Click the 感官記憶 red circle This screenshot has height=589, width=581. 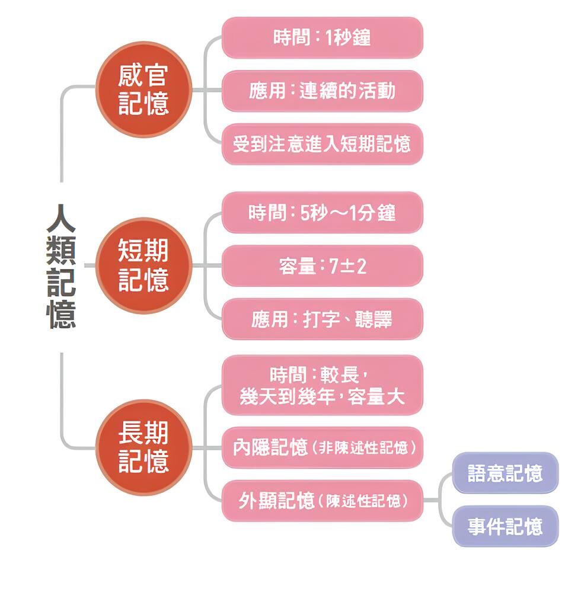click(x=143, y=90)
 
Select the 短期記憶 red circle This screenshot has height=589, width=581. click(x=143, y=265)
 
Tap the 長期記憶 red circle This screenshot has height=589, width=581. click(x=143, y=447)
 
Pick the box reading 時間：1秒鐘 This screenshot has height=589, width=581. click(x=322, y=38)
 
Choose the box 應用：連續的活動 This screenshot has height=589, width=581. click(x=322, y=91)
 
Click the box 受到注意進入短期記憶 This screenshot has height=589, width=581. click(x=322, y=144)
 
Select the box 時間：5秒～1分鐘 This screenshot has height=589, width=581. click(x=322, y=213)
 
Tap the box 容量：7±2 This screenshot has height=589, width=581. click(x=322, y=266)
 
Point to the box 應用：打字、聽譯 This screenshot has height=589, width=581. click(x=322, y=319)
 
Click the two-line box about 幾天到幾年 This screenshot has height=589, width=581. click(x=322, y=385)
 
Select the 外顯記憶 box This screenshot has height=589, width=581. click(x=322, y=501)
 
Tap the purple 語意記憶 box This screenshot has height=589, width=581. click(x=505, y=473)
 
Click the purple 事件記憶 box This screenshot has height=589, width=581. click(x=505, y=526)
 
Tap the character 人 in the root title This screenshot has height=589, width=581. click(x=61, y=219)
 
